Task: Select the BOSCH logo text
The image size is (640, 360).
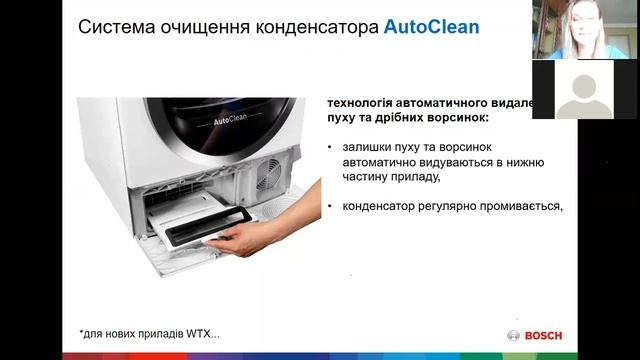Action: coord(544,335)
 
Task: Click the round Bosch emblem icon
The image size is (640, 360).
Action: coord(514,335)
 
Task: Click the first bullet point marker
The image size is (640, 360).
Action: coord(331,147)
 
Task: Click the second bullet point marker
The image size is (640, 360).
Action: coord(331,207)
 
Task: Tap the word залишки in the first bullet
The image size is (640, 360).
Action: coord(367,147)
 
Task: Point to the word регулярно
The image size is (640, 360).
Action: coord(441,207)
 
